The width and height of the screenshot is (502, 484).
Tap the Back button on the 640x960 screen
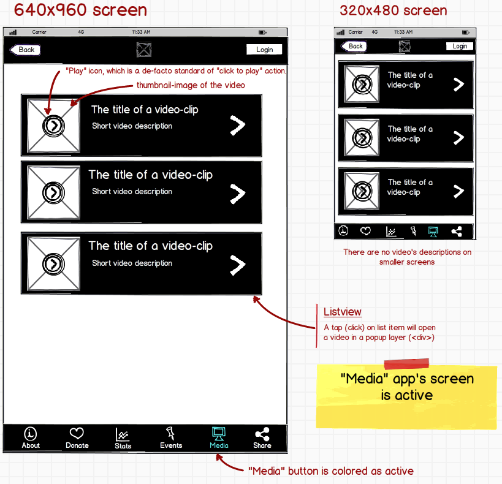click(25, 50)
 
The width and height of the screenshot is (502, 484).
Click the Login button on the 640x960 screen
click(264, 50)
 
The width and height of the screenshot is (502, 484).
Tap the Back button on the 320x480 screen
click(354, 47)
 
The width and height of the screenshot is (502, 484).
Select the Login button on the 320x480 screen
click(460, 46)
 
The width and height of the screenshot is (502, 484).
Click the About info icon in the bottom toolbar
click(31, 434)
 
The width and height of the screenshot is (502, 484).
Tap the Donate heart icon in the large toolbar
click(77, 433)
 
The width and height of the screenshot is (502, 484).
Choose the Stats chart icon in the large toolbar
click(123, 434)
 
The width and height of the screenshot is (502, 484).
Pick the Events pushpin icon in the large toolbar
click(170, 433)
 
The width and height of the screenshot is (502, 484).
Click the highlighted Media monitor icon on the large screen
click(219, 434)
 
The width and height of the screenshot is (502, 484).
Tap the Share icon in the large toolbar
click(262, 434)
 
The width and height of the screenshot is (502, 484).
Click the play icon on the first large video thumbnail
click(53, 126)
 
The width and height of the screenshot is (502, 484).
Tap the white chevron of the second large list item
click(238, 194)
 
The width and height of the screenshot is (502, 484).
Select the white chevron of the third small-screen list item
click(458, 191)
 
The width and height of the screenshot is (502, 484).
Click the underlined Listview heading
click(342, 312)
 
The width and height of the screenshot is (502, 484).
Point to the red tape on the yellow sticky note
click(406, 364)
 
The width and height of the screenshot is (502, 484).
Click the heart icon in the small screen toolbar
click(365, 231)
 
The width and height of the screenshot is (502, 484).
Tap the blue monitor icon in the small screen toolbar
click(433, 232)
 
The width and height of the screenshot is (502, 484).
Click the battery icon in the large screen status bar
click(262, 32)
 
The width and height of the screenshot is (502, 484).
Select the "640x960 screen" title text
click(80, 10)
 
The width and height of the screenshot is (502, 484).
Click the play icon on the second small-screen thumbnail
click(362, 138)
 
